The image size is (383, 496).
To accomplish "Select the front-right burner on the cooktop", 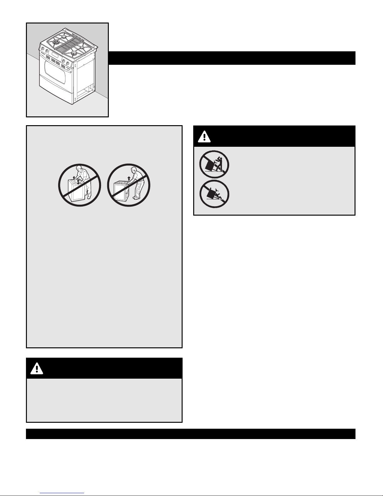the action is click(74, 54).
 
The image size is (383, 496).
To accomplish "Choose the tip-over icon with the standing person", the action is click(214, 164).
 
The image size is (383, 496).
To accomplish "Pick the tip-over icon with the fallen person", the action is click(214, 194).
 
